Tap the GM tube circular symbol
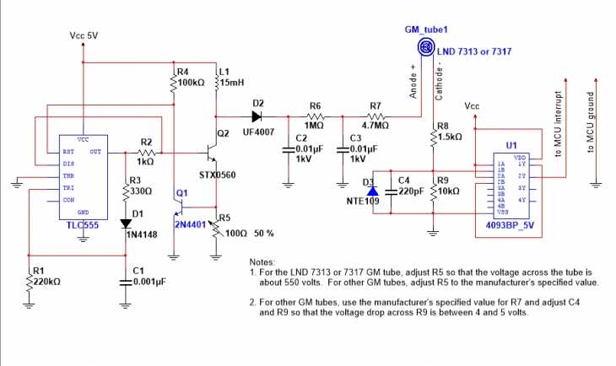428,49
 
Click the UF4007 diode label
259,133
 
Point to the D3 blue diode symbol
372,191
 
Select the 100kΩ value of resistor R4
193,83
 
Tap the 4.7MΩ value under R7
376,125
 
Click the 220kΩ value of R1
45,280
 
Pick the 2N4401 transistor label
191,227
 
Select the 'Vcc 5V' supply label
84,36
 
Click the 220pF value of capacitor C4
412,191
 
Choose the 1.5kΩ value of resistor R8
451,136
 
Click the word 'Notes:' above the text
265,262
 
